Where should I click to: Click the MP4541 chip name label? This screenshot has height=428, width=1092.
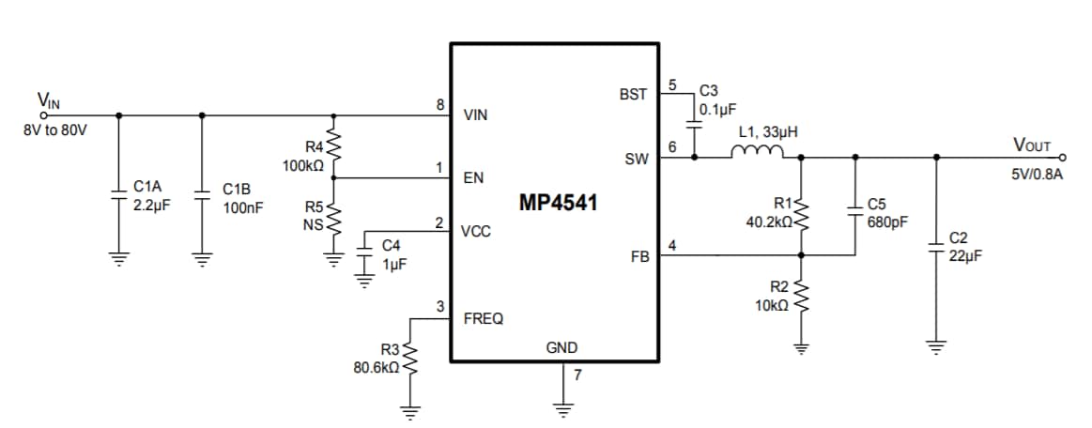click(x=558, y=203)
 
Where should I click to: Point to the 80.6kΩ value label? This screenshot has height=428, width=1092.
click(x=377, y=368)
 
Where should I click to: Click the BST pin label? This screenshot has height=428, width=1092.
click(x=633, y=95)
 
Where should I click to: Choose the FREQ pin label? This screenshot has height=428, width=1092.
click(x=483, y=319)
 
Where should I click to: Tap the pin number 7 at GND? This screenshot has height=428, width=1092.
click(x=577, y=375)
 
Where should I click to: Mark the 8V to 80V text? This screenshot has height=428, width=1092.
click(x=55, y=130)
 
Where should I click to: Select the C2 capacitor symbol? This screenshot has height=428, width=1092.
click(x=935, y=245)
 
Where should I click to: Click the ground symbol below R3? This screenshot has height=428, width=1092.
click(x=408, y=409)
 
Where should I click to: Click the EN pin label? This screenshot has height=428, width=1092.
click(x=473, y=177)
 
